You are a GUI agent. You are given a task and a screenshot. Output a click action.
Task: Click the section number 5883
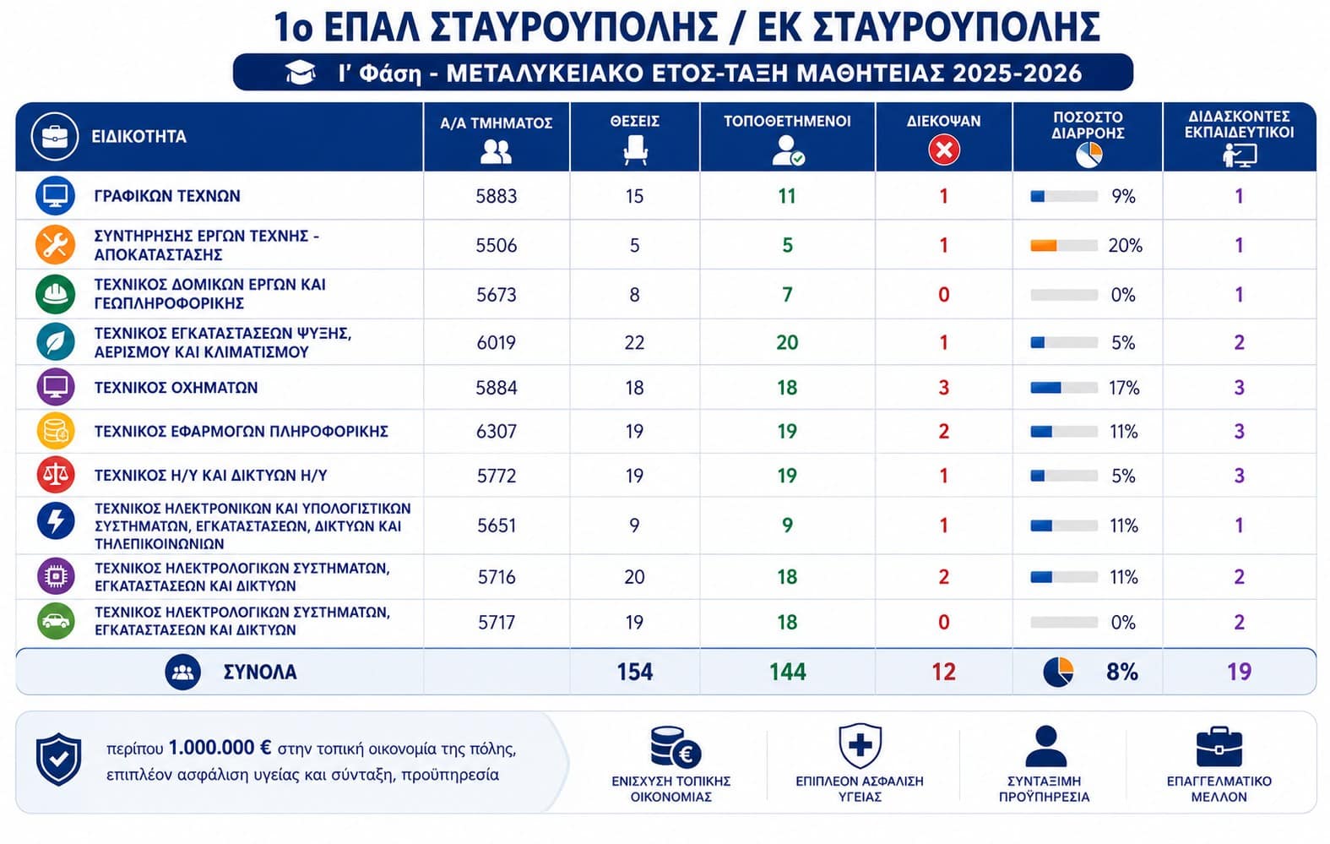point(497,196)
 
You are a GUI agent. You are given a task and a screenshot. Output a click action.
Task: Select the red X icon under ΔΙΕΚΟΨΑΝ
point(944,149)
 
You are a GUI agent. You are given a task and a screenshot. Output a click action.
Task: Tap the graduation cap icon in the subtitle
point(301,73)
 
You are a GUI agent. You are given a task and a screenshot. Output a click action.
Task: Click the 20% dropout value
point(1125,245)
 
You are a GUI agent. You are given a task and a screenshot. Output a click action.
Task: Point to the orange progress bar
point(1043,245)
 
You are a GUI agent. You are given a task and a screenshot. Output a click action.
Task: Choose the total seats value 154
point(635,672)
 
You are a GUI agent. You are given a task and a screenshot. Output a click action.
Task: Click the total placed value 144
point(788,672)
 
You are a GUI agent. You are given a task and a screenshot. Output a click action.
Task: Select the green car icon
point(56,621)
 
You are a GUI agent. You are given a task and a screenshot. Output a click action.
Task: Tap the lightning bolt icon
point(56,521)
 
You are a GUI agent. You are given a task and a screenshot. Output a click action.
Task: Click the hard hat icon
point(55,294)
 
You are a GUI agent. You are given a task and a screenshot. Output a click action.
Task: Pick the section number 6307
point(497,431)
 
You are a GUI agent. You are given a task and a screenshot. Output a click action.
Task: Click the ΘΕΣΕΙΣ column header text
point(635,121)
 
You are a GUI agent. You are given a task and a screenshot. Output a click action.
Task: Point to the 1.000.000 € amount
point(220,748)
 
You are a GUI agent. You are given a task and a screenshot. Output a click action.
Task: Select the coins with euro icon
point(676,747)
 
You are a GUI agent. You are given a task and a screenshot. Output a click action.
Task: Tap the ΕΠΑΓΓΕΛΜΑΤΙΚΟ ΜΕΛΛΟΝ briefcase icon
point(1219,747)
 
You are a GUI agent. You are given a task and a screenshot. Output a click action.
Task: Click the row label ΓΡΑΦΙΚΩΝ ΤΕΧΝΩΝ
point(167,196)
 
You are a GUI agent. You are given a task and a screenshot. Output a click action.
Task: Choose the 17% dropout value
point(1124,388)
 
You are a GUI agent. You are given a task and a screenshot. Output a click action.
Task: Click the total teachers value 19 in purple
point(1239,672)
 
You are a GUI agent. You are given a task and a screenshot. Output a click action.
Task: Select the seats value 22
point(635,343)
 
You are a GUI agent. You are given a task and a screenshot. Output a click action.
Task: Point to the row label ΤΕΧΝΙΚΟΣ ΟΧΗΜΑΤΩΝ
point(176,388)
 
